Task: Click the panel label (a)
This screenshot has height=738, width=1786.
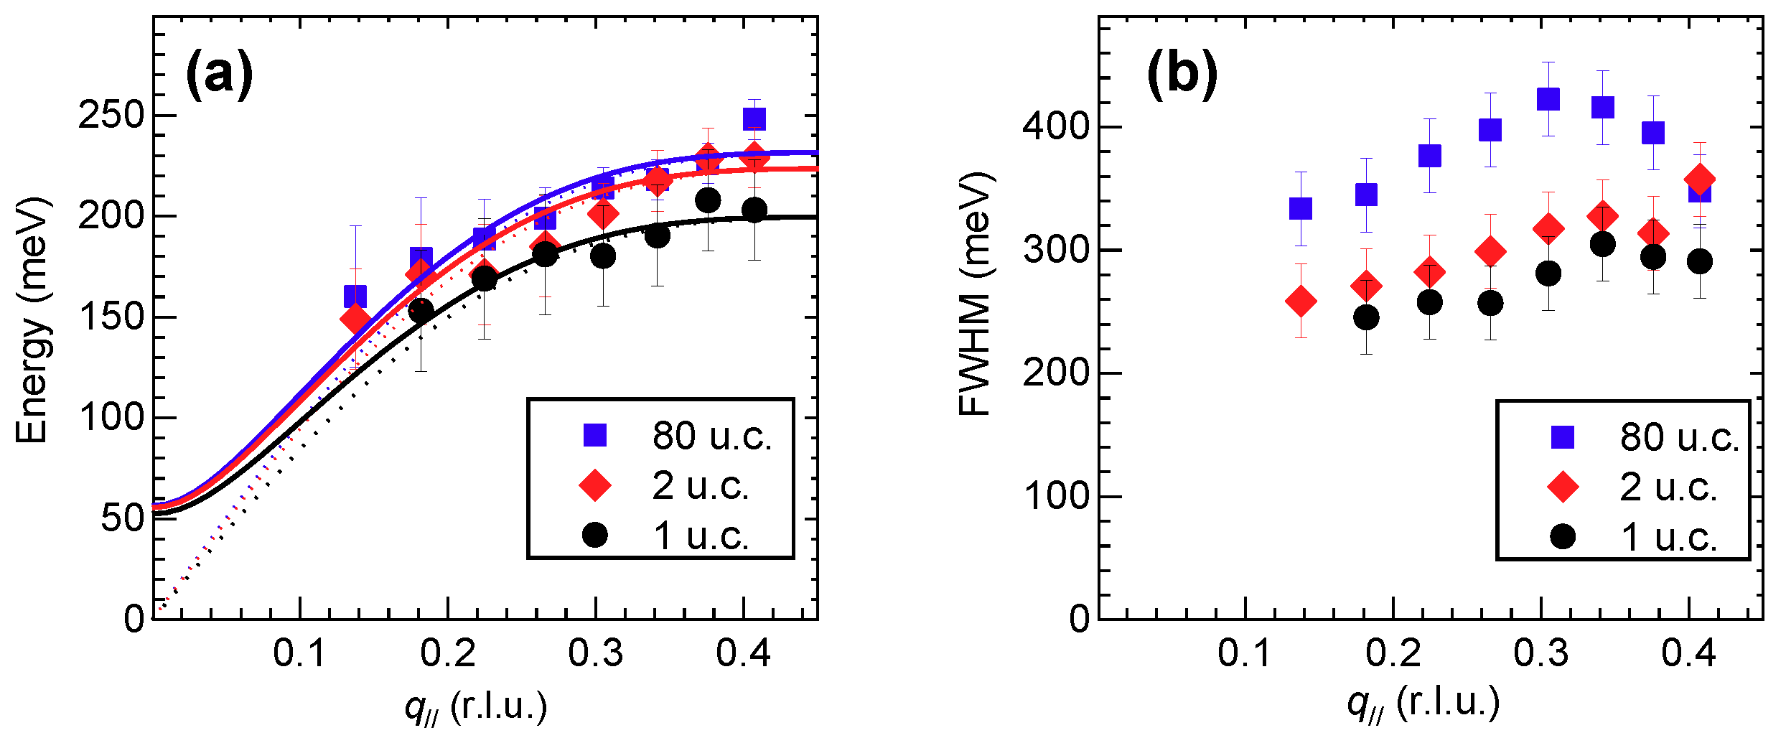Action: click(219, 74)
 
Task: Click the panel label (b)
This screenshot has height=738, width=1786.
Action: click(1182, 74)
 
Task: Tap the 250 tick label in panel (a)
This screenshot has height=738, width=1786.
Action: click(111, 116)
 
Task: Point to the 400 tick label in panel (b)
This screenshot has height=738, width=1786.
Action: click(1056, 127)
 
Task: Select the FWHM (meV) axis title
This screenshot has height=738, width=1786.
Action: click(976, 294)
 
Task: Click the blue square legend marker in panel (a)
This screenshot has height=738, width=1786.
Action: click(595, 435)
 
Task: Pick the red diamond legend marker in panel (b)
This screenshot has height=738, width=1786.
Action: click(1563, 487)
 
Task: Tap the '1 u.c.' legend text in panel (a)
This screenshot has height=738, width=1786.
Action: click(701, 536)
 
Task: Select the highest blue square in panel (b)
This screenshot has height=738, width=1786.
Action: click(1548, 98)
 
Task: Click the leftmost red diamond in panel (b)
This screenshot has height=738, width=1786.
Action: click(1301, 301)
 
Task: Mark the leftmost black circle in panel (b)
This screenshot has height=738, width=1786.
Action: click(1366, 317)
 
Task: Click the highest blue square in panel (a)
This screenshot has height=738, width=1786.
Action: click(754, 118)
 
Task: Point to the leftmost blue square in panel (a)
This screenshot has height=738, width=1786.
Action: click(355, 295)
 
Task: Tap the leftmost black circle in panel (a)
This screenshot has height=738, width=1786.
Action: click(421, 310)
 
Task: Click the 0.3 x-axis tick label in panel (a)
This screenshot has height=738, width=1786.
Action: click(595, 654)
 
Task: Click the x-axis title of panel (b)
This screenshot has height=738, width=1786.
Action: click(1423, 704)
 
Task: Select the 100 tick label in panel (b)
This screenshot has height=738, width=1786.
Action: click(1056, 497)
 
